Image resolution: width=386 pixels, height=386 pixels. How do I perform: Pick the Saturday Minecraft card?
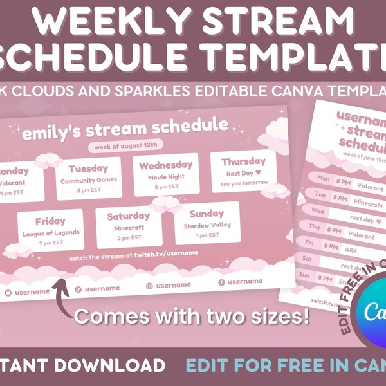tap(128, 223)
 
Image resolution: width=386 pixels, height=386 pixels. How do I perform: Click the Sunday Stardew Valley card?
tap(207, 221)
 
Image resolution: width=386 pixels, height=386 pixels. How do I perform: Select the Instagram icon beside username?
tap(149, 285)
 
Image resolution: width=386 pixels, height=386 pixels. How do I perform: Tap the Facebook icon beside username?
tap(221, 282)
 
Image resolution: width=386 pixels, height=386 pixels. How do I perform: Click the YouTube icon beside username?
tap(8, 293)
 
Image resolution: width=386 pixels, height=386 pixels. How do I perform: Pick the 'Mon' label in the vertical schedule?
tap(323, 178)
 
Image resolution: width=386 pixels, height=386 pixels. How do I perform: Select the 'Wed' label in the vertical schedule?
tap(318, 210)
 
